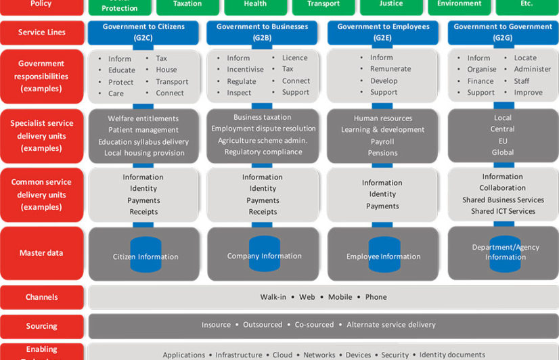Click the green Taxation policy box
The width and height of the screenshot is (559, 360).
point(187,5)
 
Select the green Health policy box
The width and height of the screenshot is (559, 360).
point(255,5)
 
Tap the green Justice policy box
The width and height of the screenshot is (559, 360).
point(391,5)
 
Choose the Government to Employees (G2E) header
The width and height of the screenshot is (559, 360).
point(382,32)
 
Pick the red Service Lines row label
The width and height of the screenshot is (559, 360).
point(41,32)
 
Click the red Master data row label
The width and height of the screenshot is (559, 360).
point(41,253)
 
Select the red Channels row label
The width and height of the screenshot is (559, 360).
point(41,297)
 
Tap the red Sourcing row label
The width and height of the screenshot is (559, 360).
point(41,326)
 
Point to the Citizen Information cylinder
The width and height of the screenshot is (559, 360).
point(146,254)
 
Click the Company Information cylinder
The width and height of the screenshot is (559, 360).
point(264,254)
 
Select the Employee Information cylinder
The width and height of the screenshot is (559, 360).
point(383,254)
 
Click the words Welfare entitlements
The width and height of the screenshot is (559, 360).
point(143,118)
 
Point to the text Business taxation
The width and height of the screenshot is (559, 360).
point(263,117)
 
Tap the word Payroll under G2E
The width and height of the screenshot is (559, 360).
point(382,142)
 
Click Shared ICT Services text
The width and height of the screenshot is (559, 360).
point(503,211)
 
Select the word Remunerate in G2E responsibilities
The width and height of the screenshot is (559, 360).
point(390,69)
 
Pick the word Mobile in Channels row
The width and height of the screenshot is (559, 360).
point(340,297)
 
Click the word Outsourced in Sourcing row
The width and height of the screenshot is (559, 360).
point(263,325)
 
